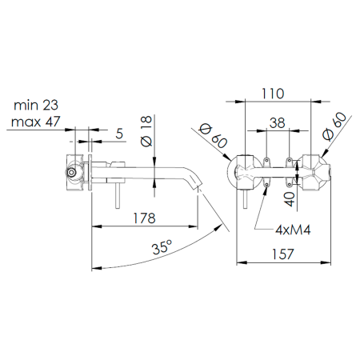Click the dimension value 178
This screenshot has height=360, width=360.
click(x=144, y=218)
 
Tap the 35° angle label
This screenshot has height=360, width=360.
click(x=162, y=247)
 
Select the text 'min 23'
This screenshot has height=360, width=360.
click(x=36, y=105)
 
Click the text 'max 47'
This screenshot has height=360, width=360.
click(x=36, y=122)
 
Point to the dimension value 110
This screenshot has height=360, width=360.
click(x=273, y=94)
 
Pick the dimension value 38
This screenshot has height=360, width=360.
click(x=278, y=123)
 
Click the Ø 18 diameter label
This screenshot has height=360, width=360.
click(x=146, y=131)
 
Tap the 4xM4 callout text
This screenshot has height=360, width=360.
click(x=293, y=230)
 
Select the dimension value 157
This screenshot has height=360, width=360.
click(x=283, y=254)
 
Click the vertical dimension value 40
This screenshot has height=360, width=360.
click(x=290, y=199)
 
